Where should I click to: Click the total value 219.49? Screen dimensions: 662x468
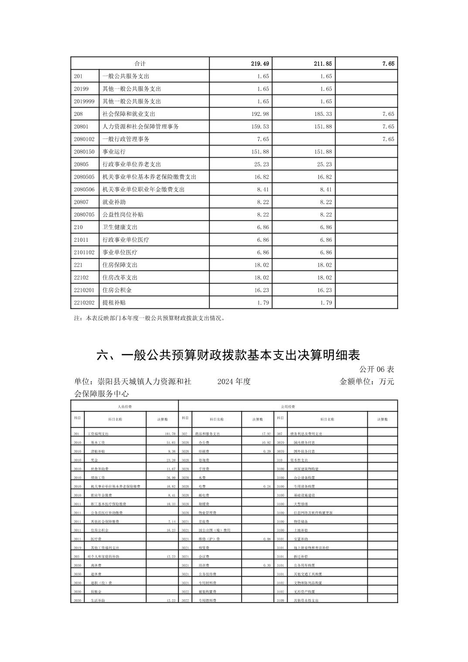260,64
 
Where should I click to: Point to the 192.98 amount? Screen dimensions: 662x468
260,114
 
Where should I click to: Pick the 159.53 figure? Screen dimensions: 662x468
260,127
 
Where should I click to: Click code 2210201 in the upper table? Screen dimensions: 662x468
84,290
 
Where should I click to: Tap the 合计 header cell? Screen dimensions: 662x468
140,64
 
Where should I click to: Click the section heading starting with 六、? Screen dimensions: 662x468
228,355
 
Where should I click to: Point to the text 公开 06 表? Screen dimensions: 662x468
376,369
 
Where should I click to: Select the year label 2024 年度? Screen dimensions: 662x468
234,382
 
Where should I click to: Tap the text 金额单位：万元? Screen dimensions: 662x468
366,382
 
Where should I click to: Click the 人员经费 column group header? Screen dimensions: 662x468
125,406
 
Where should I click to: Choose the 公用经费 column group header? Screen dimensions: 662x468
288,406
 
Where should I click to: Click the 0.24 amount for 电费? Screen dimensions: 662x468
267,486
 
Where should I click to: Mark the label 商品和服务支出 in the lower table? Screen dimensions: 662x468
206,434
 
